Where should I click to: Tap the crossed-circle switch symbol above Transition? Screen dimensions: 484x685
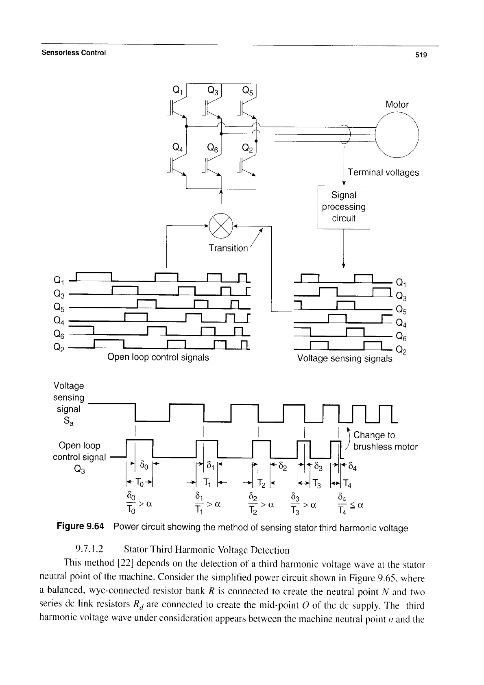(221, 226)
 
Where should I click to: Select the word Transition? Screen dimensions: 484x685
(228, 248)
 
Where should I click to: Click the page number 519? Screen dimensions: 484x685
(421, 55)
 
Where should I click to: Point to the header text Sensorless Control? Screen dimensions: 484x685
(74, 52)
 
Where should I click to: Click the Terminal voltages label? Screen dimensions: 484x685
(383, 172)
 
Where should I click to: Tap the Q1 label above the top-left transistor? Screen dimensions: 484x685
(178, 90)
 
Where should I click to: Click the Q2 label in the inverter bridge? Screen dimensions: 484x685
(248, 148)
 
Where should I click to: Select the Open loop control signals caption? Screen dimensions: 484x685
(158, 357)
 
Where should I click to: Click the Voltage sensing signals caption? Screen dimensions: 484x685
(344, 358)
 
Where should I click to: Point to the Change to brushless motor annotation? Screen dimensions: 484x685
(385, 441)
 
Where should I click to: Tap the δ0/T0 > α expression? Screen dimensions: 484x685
(139, 503)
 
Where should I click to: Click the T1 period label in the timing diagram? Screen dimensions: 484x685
(207, 482)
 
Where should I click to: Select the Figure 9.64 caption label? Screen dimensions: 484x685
(81, 526)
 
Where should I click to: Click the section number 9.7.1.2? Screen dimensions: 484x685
(89, 549)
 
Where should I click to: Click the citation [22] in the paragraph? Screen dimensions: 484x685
(126, 563)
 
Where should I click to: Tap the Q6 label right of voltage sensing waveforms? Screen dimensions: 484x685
(401, 337)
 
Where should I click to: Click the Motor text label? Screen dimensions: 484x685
(397, 105)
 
